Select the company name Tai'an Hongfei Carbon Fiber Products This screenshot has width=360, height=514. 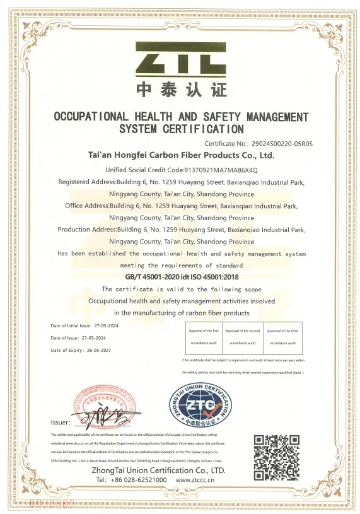click(181, 155)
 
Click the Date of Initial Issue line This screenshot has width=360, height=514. click(84, 325)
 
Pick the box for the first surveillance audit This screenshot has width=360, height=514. click(202, 337)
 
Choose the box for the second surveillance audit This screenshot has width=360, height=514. click(242, 337)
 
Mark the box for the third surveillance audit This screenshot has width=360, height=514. click(282, 337)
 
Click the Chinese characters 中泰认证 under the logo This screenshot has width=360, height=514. click(181, 90)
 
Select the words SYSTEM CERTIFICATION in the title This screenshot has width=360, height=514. click(181, 129)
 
